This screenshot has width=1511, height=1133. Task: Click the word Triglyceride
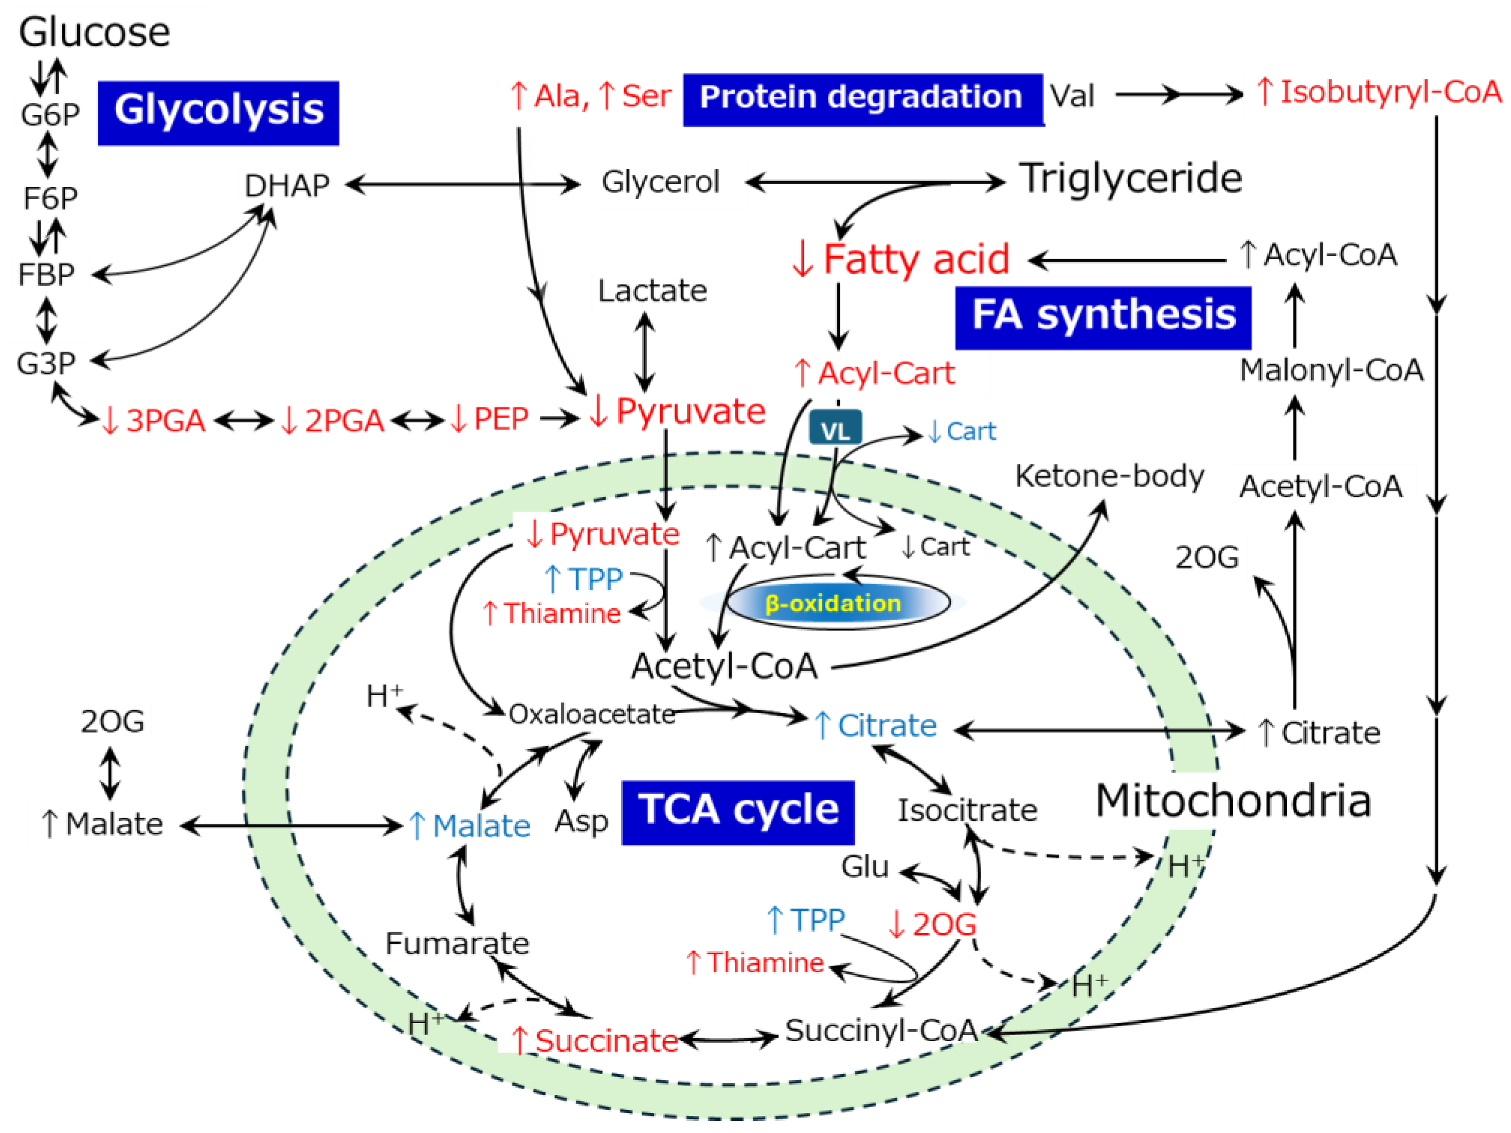point(1131,179)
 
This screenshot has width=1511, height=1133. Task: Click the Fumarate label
point(457,943)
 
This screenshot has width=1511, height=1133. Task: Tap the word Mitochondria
point(1233,800)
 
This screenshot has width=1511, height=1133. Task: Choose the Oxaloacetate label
point(592,715)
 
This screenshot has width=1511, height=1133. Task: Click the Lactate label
point(652,291)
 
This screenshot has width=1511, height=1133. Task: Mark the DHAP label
point(287,186)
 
